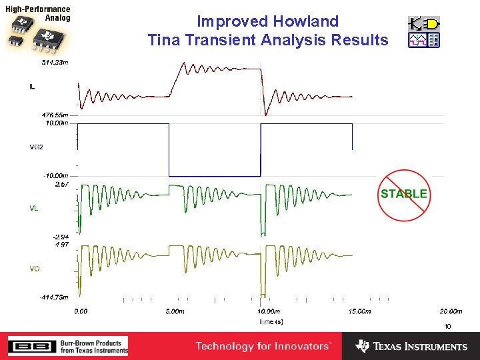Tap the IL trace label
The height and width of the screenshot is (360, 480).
tap(33, 86)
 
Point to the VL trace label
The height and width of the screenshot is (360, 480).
tap(33, 208)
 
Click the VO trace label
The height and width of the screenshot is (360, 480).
tap(34, 269)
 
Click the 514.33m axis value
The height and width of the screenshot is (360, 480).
tap(55, 62)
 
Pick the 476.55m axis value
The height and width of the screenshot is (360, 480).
tap(55, 115)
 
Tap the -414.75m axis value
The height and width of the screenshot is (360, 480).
tap(53, 297)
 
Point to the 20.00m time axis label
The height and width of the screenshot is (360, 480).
tap(451, 311)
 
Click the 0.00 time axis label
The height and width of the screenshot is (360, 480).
tap(81, 311)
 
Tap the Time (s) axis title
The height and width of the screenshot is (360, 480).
tap(271, 321)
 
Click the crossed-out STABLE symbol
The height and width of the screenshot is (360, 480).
tap(403, 194)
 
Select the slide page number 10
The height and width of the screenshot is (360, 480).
tap(447, 326)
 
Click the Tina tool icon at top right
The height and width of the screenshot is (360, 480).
tap(424, 32)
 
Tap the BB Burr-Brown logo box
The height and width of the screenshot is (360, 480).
tap(27, 346)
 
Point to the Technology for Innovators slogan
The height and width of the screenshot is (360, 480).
tap(262, 346)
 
